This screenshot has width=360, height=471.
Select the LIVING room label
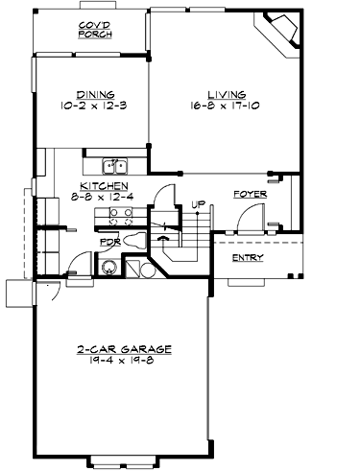[223, 95]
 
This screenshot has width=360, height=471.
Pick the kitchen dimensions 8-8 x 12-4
[100, 197]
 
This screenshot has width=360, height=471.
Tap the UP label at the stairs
[199, 203]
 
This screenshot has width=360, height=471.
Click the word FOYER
[250, 195]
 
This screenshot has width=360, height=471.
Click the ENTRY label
[248, 258]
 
